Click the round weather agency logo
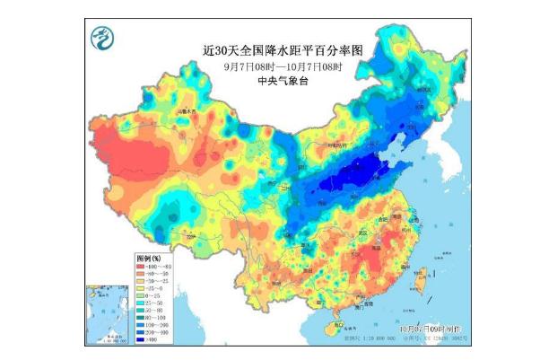tap(104, 38)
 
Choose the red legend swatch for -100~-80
tap(142, 266)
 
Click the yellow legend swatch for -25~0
tap(142, 289)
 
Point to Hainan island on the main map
tap(335, 325)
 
